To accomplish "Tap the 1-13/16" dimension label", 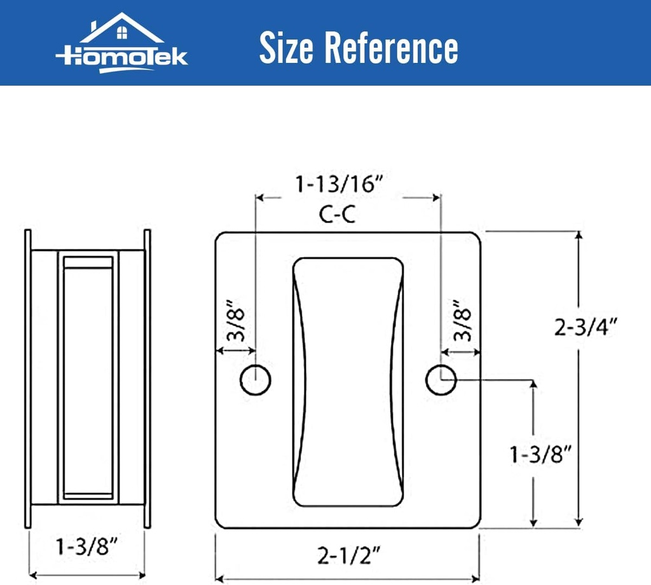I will click(339, 185).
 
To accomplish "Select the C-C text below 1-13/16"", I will click(337, 216).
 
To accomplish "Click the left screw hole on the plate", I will click(256, 380).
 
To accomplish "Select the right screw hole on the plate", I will click(441, 380).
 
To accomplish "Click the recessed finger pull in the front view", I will click(348, 381).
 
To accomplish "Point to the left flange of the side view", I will click(27, 379).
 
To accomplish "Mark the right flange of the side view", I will click(147, 379).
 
